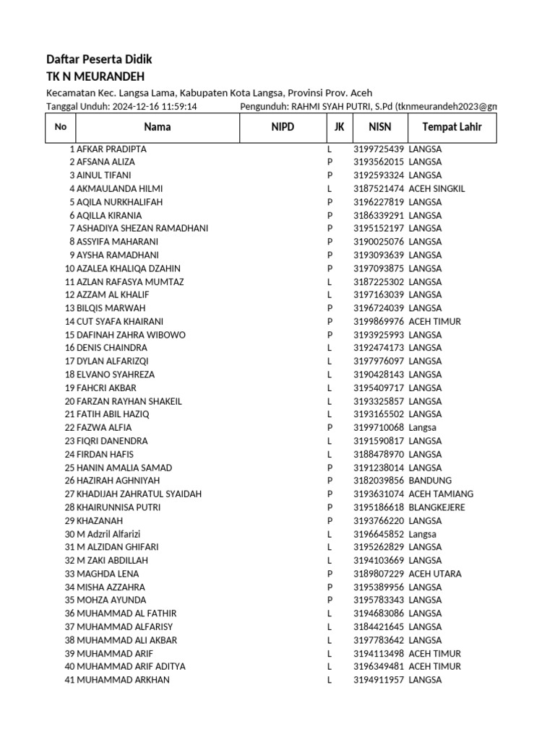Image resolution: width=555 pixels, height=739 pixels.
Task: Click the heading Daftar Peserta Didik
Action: [99, 59]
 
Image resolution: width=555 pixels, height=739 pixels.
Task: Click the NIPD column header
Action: [283, 127]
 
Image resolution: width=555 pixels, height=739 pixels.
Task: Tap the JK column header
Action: [339, 127]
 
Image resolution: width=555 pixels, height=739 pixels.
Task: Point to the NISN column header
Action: [379, 127]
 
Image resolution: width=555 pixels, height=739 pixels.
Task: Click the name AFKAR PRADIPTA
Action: [111, 149]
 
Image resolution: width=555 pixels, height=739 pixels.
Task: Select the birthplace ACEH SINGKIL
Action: [436, 188]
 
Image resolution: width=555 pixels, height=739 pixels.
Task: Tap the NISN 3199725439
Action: [378, 149]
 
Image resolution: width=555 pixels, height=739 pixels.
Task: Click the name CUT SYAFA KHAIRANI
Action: [120, 321]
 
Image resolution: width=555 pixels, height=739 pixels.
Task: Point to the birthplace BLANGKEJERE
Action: [436, 507]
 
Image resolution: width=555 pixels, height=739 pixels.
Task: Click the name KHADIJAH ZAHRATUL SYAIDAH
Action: [139, 494]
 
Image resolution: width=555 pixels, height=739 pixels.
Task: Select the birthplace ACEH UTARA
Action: [434, 574]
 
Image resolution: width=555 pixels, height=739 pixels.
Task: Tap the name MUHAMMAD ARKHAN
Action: [123, 680]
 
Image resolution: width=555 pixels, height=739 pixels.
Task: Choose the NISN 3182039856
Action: [378, 481]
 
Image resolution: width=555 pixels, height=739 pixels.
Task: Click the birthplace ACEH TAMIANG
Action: [441, 494]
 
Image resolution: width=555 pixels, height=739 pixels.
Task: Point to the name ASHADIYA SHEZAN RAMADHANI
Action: [142, 228]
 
